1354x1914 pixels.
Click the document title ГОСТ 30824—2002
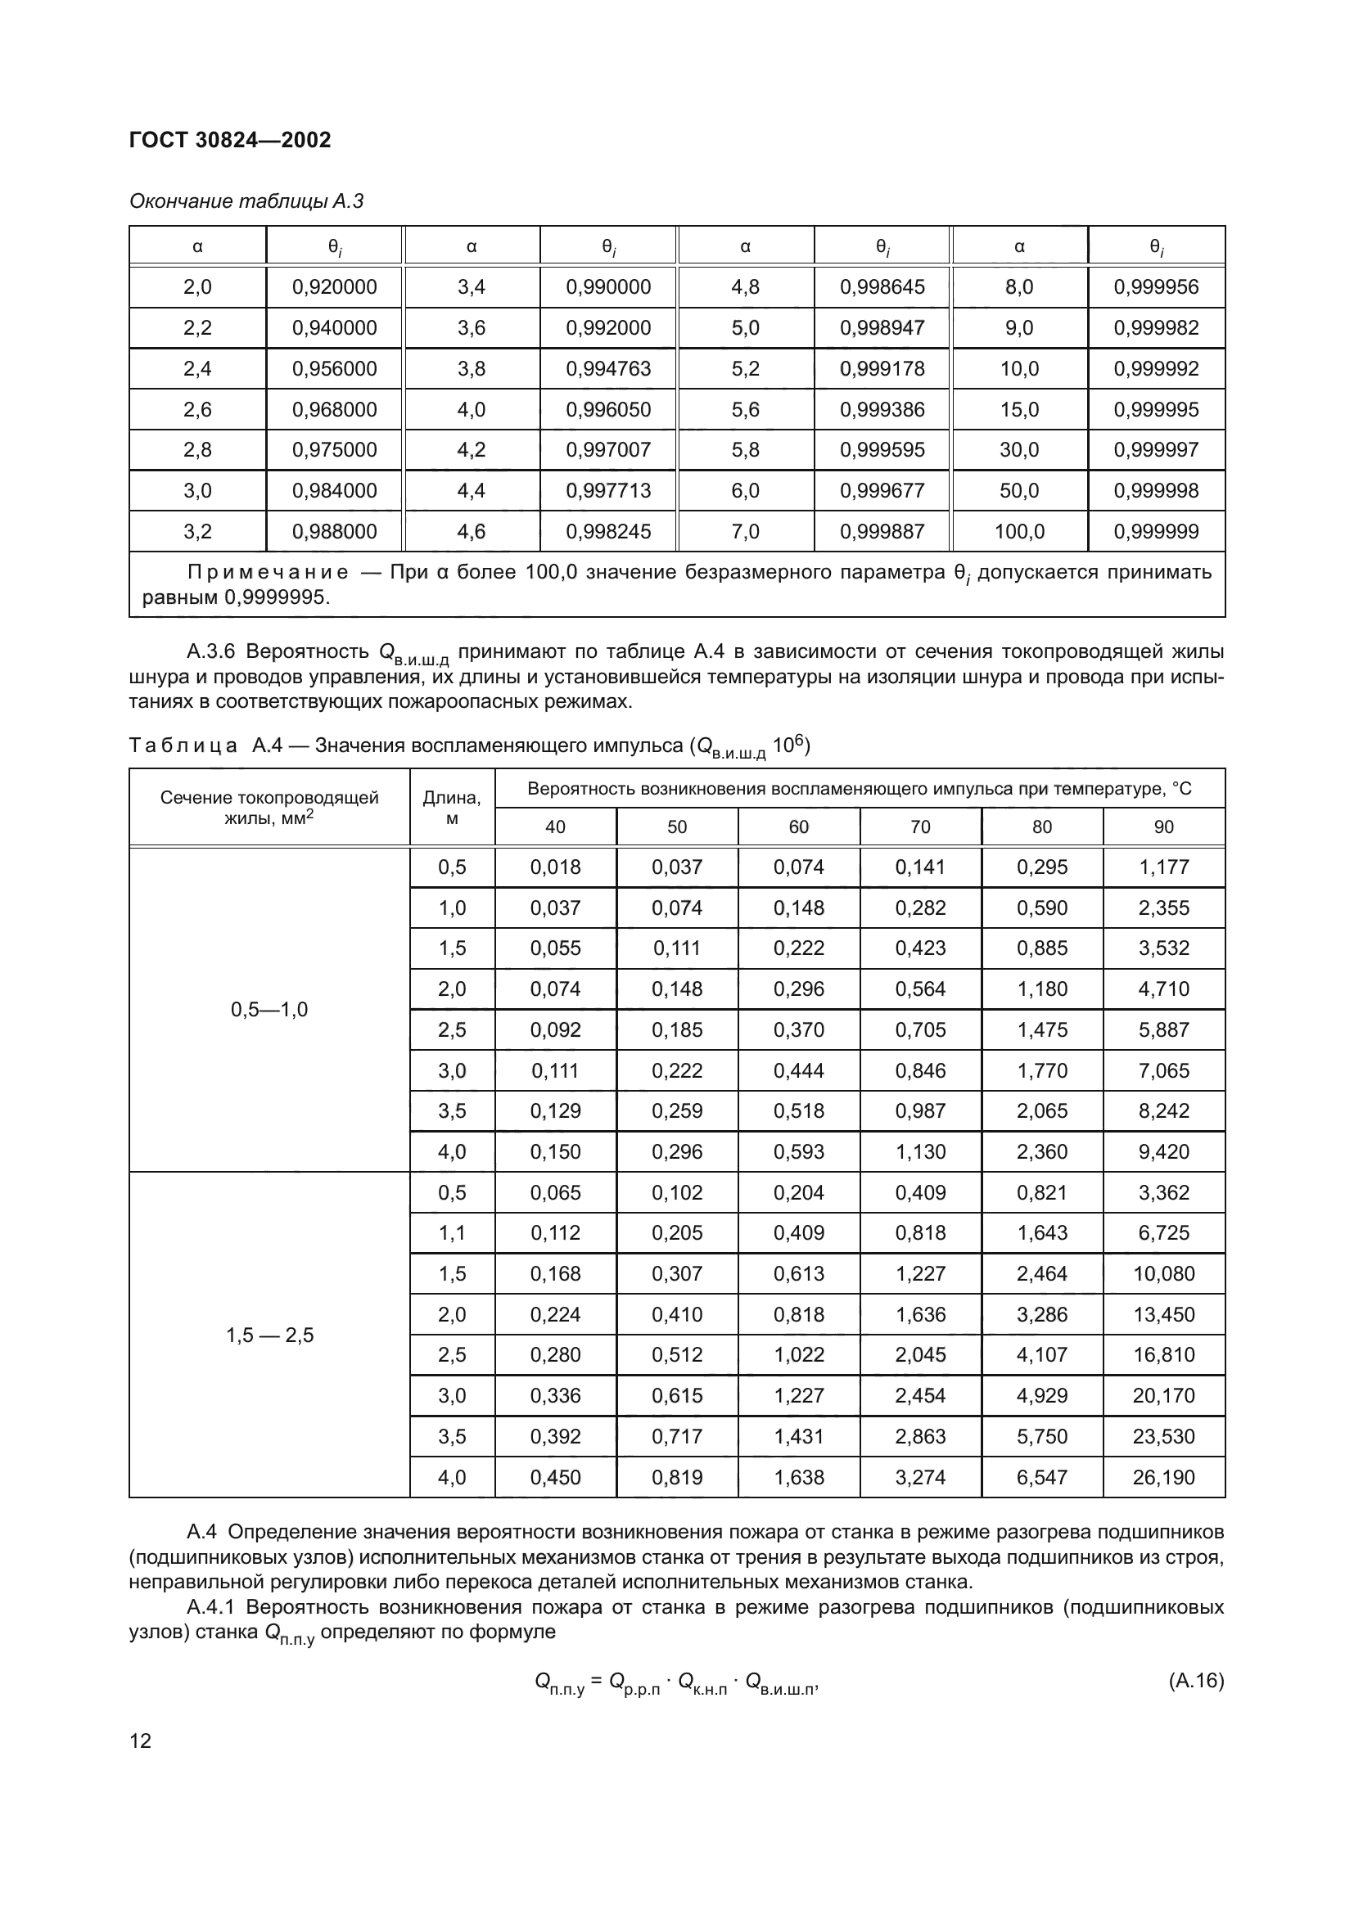230,140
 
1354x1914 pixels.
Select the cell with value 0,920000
334,286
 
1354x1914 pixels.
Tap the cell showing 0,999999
1156,531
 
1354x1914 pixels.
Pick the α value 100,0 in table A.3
1019,531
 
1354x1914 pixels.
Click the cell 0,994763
607,368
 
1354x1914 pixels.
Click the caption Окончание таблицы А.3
246,201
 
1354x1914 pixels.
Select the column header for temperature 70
919,826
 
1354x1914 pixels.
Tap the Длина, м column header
452,807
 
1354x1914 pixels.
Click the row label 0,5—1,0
269,1010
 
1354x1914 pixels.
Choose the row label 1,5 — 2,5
269,1335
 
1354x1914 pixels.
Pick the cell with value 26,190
1163,1477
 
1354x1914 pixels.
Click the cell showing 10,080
1163,1274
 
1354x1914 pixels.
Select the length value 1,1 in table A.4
452,1233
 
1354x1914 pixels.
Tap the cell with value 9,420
1163,1151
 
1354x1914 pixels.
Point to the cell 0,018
555,867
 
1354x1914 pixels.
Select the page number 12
141,1741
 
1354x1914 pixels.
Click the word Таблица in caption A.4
183,745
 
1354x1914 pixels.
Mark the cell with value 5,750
1041,1436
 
